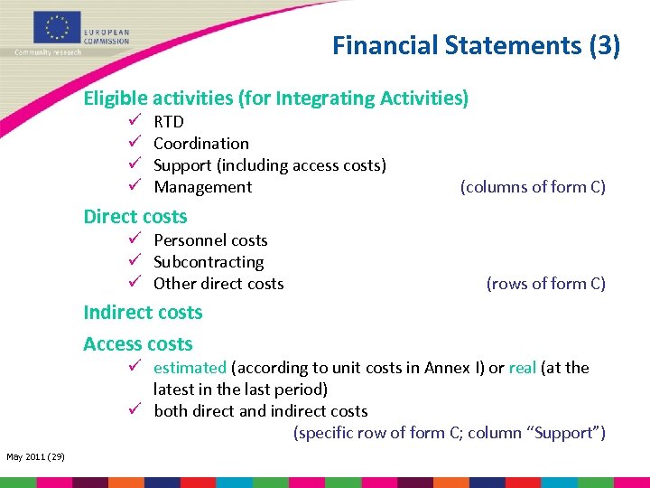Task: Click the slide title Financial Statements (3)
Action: coord(476,45)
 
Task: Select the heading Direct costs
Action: coord(135,217)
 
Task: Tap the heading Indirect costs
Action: coord(143,313)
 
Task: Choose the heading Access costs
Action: coord(137,344)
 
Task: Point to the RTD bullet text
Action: coord(169,122)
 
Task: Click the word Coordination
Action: coord(200,144)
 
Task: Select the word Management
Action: coord(202,187)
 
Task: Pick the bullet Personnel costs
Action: coord(210,240)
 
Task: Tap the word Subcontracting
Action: coord(209,262)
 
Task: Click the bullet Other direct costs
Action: coord(218,284)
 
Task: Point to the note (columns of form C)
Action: coord(533,187)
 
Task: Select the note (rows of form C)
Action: coord(545,284)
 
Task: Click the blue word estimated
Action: coord(190,368)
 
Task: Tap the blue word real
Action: coord(522,368)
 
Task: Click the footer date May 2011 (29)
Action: coord(34,457)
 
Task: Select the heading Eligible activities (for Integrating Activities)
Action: coord(275,99)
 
